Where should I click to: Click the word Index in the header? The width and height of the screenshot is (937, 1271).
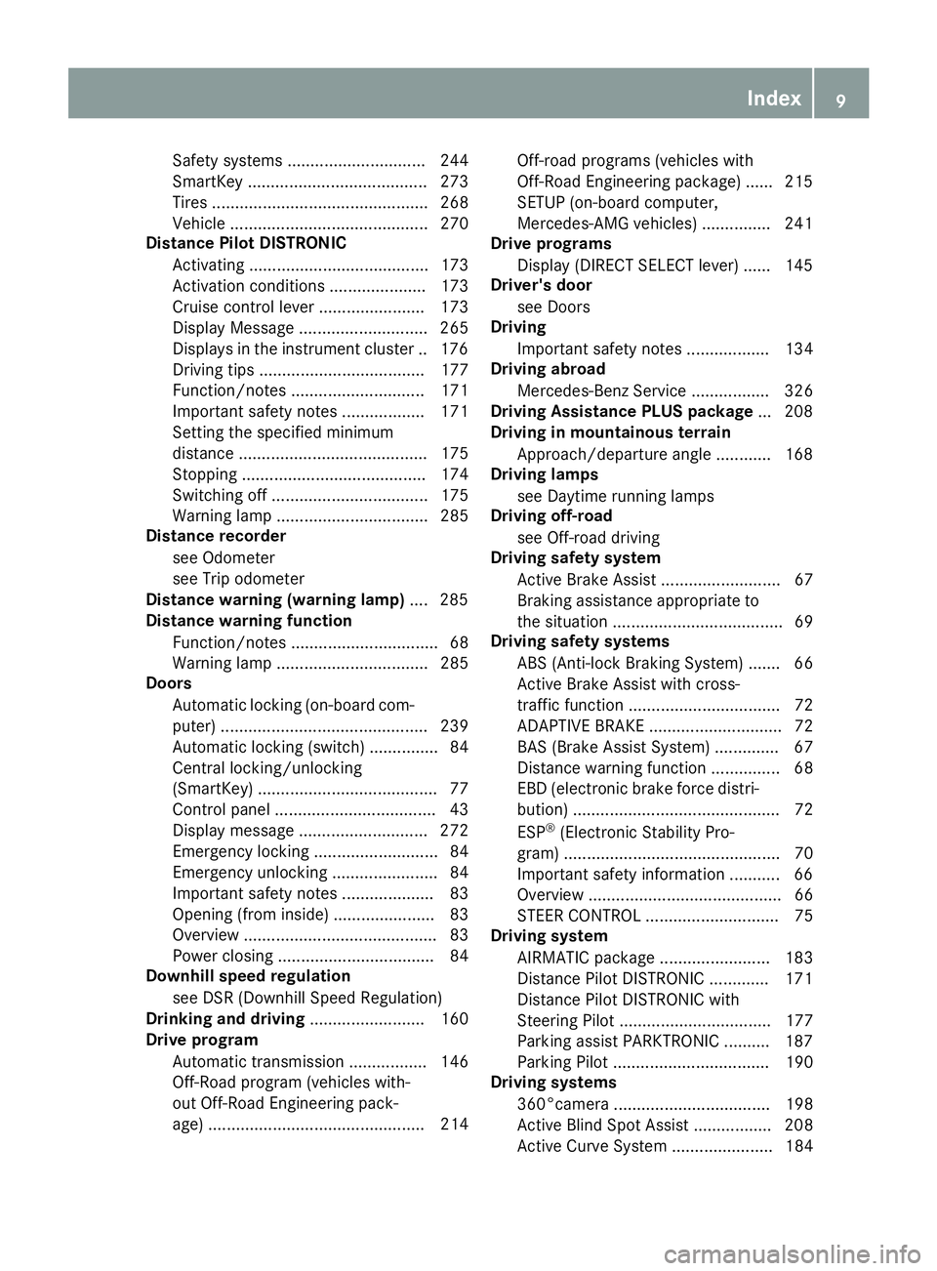pos(773,98)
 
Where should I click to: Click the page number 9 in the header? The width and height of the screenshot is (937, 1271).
pos(840,98)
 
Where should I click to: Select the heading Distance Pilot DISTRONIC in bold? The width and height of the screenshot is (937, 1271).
pos(245,243)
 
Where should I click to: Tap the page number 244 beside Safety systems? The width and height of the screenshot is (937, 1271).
pos(454,160)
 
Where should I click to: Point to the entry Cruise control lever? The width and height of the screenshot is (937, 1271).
pos(243,307)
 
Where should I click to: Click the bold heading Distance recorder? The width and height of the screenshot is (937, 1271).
pos(216,536)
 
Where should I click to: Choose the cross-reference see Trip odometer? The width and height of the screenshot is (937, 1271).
pos(238,579)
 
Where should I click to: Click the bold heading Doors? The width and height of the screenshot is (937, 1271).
pos(169,683)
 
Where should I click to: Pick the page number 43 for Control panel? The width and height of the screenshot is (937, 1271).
pos(459,809)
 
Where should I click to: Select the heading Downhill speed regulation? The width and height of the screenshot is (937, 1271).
pos(248,976)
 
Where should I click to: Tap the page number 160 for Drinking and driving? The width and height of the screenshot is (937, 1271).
pos(454,1019)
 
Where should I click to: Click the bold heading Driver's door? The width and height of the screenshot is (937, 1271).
pos(542,285)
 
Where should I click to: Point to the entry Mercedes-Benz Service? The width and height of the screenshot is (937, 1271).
pos(601,390)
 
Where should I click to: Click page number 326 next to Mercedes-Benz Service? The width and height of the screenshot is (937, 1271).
pos(798,390)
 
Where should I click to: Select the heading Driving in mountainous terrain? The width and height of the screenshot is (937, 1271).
pos(611,432)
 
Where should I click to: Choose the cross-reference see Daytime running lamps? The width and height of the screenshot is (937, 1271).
pos(615,496)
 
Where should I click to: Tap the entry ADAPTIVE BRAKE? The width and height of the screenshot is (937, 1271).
pos(581,726)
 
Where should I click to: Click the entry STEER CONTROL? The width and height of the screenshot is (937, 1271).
pos(579,916)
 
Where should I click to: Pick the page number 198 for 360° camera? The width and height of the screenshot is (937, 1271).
pos(798,1104)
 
